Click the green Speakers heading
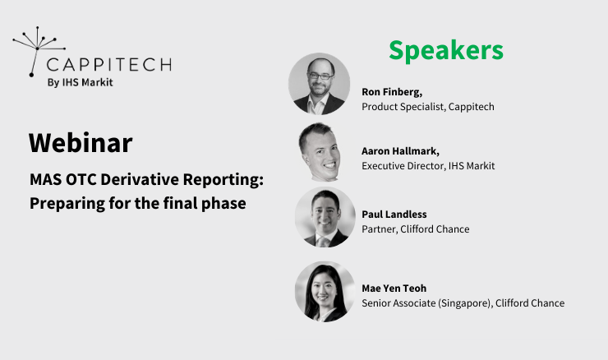[445, 50]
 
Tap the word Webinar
[81, 143]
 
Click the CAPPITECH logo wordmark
[108, 64]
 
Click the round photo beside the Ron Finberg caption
[320, 83]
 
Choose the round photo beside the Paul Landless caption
[325, 217]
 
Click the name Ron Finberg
[391, 92]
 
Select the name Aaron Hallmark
[401, 151]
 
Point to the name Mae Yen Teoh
[394, 288]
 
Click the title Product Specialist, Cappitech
[427, 107]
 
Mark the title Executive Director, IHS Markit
[428, 166]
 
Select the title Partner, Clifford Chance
[415, 229]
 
